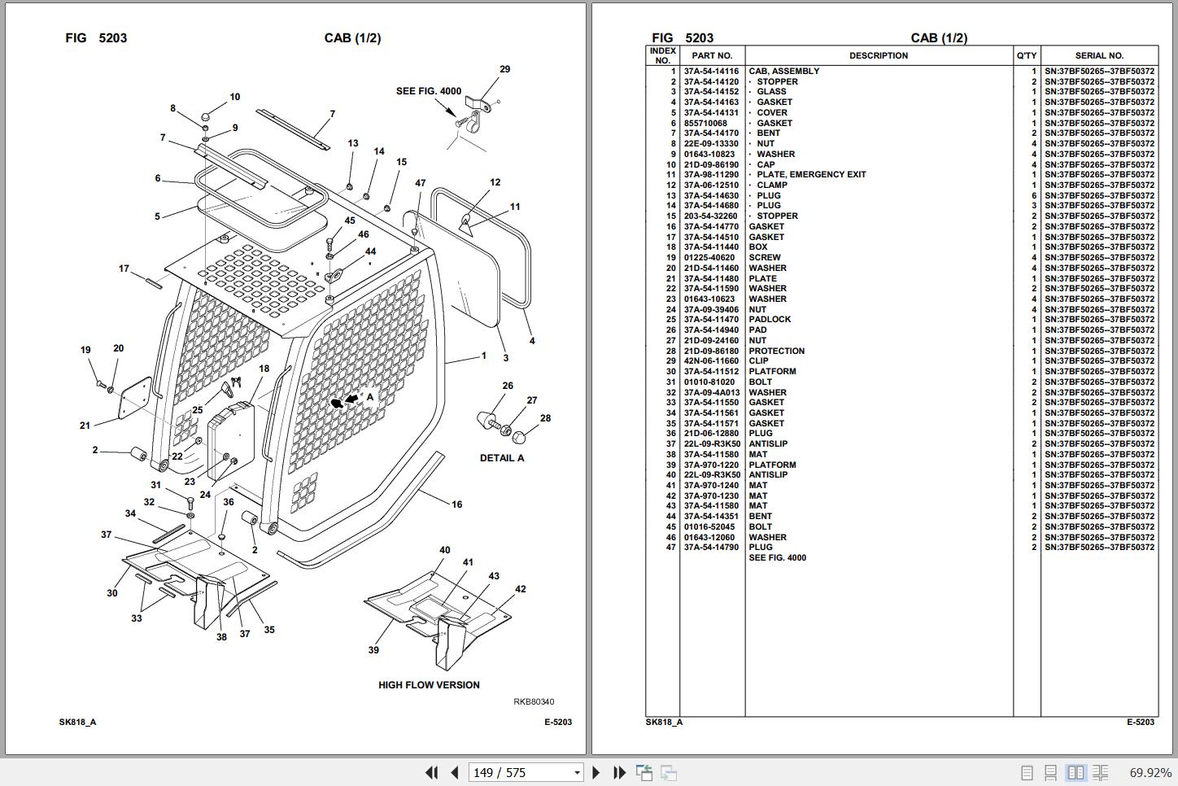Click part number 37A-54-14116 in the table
point(711,71)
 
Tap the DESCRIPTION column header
point(879,56)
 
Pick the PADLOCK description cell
point(770,319)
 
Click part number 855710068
point(705,123)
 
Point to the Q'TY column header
point(1027,56)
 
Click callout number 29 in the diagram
point(504,69)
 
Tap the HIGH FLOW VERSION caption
point(429,685)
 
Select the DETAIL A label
point(502,458)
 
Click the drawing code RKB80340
point(533,701)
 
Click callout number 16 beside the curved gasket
point(456,504)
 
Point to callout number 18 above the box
point(264,369)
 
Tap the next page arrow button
point(596,772)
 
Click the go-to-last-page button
point(619,772)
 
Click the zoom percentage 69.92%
point(1150,772)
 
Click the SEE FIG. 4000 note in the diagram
point(428,91)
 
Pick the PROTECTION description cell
point(776,351)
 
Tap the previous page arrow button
point(455,772)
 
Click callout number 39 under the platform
point(373,650)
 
